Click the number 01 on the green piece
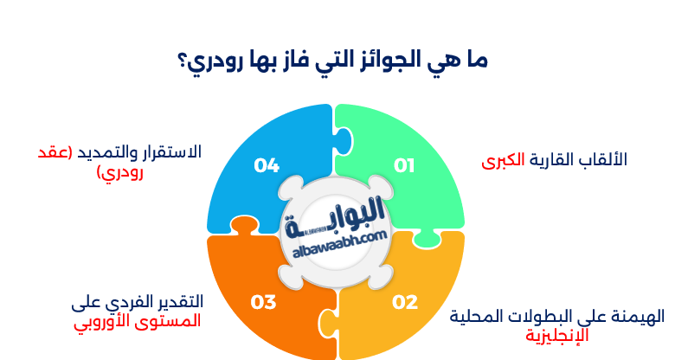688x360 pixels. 404,164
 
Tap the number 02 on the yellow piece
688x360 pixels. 405,302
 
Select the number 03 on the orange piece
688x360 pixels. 263,302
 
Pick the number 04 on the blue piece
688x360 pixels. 266,164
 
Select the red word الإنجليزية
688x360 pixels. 555,335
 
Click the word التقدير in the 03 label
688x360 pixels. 177,302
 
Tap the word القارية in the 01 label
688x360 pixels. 550,160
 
